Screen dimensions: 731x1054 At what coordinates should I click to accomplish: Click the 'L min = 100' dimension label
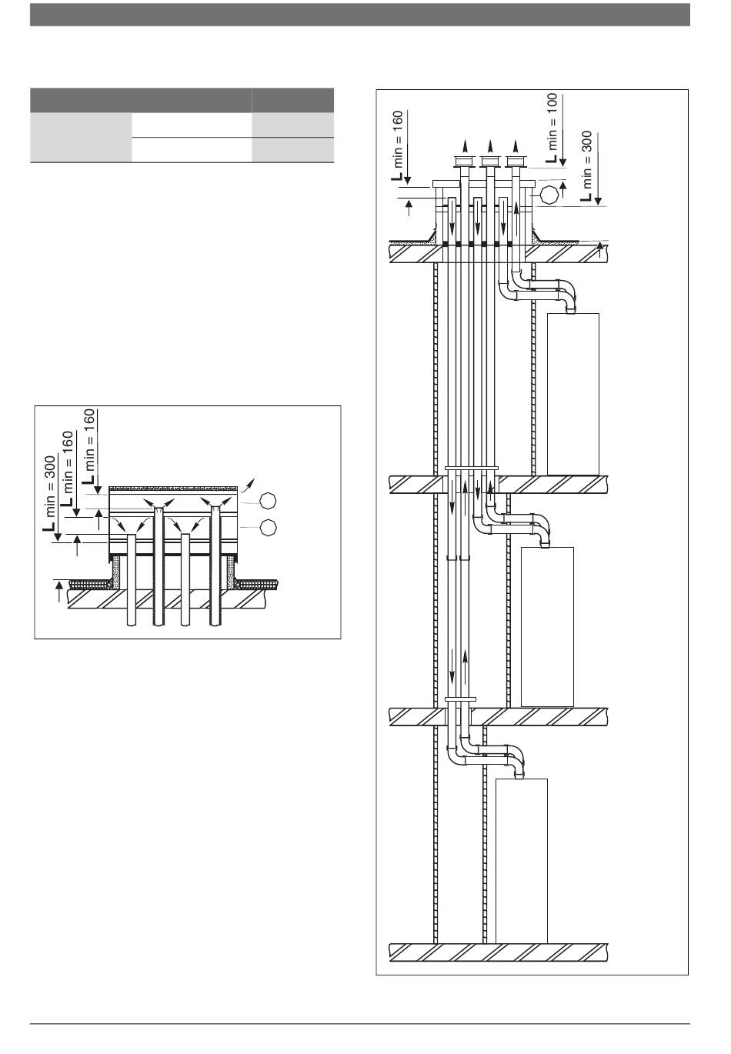552,128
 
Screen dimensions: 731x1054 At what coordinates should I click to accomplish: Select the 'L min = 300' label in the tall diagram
586,166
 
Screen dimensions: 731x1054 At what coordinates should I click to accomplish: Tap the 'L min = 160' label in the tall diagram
397,145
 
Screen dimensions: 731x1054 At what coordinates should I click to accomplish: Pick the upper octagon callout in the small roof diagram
268,500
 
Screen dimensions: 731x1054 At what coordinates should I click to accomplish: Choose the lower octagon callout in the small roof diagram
268,528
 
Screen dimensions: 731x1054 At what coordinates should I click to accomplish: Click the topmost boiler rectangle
572,394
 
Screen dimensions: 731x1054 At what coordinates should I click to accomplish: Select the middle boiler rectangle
547,627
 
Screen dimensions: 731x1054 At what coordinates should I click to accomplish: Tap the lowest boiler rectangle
521,861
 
